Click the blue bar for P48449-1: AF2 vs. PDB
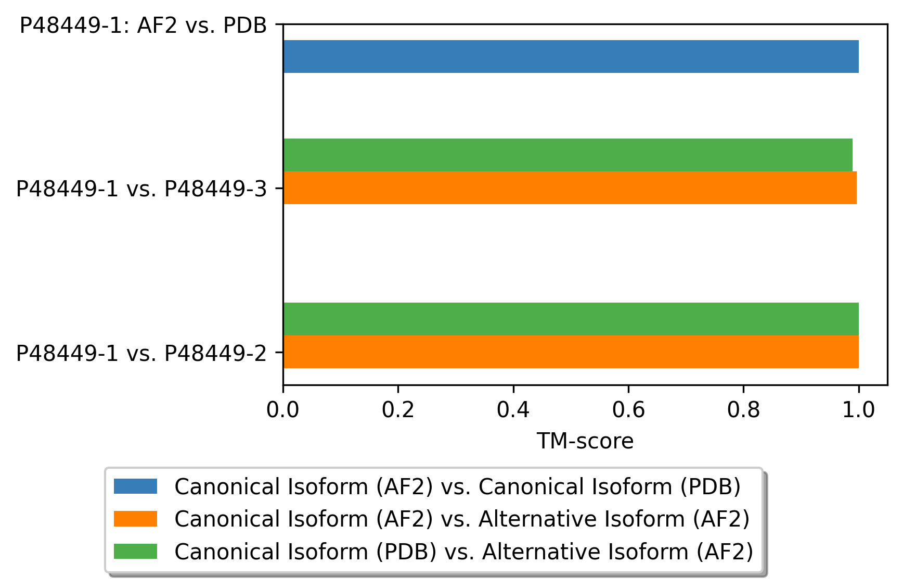pos(571,56)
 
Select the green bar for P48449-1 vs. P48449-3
pos(567,155)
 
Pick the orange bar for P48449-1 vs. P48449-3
pos(570,187)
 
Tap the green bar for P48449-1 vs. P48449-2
pos(571,319)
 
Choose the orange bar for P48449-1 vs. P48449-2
pos(571,352)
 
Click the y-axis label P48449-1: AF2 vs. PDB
pos(143,25)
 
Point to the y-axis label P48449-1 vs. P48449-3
pos(141,189)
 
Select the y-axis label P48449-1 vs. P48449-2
pos(141,353)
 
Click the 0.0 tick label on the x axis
pos(282,410)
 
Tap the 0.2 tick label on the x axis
pos(398,410)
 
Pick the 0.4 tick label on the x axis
pos(513,410)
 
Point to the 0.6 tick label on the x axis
pos(628,410)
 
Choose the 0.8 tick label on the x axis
pos(743,410)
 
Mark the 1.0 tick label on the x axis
pos(859,410)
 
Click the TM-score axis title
pos(585,441)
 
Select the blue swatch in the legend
pos(135,486)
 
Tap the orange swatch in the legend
pos(135,519)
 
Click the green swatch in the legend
pos(135,551)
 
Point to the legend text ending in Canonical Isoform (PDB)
pos(457,486)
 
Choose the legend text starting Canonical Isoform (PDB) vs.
pos(463,551)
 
